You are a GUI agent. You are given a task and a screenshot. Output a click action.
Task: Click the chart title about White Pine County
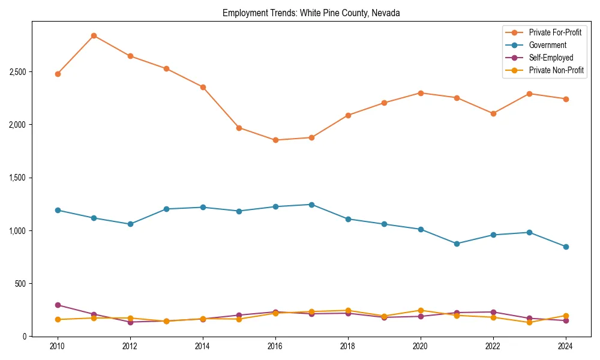pos(311,13)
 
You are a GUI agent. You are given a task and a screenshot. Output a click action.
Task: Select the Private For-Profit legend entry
pos(554,32)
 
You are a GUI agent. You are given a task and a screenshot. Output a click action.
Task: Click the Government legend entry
pos(547,45)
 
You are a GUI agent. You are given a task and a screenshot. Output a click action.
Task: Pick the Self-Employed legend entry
pos(551,58)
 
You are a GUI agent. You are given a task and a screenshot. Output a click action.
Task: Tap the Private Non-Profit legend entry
pos(556,70)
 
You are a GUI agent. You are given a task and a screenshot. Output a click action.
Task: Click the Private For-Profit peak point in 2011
pos(94,35)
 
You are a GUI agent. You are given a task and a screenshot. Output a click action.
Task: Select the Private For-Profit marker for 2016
pos(275,140)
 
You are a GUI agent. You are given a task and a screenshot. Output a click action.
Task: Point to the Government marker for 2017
pos(311,205)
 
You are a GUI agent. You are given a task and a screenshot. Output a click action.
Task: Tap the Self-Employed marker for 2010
pos(58,305)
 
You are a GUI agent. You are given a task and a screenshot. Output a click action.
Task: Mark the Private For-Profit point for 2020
pos(421,93)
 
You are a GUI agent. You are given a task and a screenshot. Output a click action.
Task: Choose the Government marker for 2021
pos(457,244)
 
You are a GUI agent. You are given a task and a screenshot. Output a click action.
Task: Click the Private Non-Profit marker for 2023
pos(529,322)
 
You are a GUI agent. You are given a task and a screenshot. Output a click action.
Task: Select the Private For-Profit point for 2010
pos(58,74)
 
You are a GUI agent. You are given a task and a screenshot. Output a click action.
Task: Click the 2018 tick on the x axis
pos(348,346)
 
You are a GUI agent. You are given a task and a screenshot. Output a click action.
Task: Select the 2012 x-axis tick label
pos(130,346)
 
